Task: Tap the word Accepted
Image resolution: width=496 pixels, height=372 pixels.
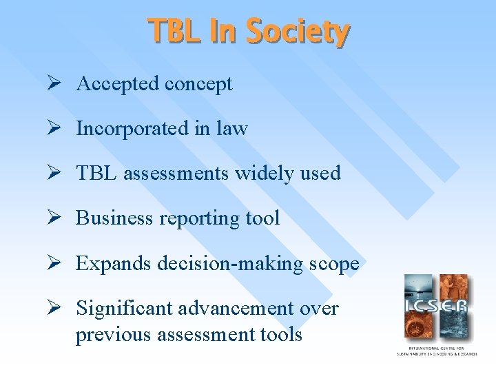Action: (118, 84)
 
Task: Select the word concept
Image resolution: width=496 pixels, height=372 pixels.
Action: (198, 84)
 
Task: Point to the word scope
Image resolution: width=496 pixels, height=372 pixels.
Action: (335, 263)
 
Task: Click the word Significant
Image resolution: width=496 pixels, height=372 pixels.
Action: (124, 309)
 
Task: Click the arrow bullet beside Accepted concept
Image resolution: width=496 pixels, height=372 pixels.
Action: (58, 84)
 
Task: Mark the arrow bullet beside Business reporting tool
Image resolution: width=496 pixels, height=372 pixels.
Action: (58, 218)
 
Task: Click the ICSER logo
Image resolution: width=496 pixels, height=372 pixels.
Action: (435, 307)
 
